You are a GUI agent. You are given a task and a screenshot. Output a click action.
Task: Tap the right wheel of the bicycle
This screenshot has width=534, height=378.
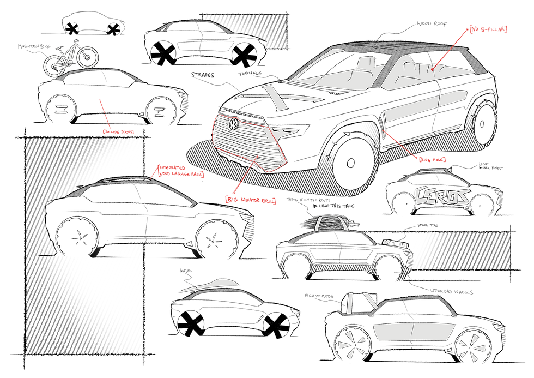pos(87,57)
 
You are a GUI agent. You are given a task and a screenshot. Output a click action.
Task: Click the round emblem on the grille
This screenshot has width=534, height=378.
pos(234,124)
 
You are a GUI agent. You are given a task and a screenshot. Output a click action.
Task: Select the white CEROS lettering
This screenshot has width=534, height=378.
pos(442,196)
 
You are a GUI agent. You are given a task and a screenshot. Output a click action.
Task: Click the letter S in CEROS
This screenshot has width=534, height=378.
pos(462,196)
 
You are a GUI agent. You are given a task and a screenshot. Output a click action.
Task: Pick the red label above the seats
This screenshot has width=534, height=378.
pos(488,28)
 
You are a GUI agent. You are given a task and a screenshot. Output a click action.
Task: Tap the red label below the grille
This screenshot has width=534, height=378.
pos(251,200)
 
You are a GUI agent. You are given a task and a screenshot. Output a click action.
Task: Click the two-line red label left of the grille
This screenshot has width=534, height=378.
pos(180,171)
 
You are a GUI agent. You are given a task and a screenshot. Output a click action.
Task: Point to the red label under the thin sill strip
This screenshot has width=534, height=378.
pos(432,159)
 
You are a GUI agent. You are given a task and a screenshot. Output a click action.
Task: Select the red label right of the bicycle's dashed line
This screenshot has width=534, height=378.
pos(118,131)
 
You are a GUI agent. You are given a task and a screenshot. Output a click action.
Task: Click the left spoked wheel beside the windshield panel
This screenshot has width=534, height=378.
pos(351,344)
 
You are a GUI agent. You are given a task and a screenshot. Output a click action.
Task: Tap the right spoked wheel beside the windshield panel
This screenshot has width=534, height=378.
pos(472,347)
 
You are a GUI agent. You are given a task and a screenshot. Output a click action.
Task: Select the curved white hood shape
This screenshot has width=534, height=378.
pos(210,286)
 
